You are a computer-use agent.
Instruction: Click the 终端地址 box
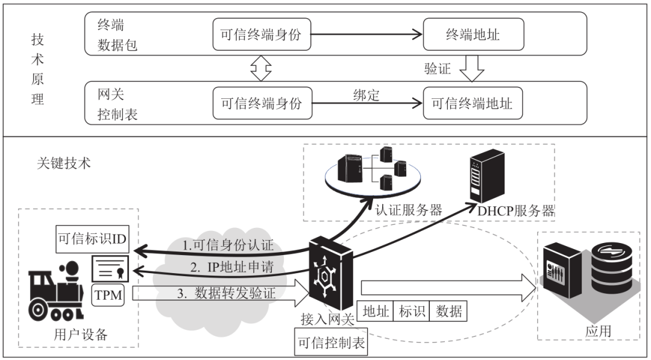coord(473,35)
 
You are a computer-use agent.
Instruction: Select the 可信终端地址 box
coord(473,103)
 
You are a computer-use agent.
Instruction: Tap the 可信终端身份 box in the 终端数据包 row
coord(261,35)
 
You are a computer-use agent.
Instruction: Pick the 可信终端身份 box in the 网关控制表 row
coord(261,103)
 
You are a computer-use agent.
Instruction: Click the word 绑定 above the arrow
coord(366,95)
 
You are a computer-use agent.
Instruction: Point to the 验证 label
coord(438,69)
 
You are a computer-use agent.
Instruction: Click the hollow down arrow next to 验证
coord(472,68)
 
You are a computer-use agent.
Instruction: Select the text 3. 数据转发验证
coord(230,294)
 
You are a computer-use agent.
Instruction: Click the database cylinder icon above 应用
coord(611,265)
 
